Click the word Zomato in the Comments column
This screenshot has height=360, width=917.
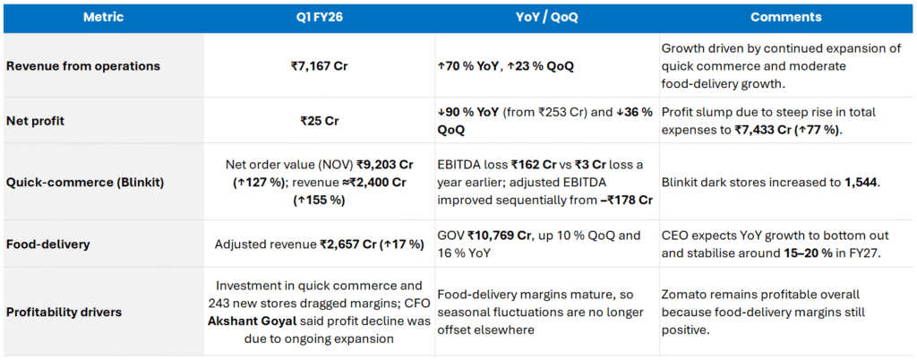click(x=684, y=294)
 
